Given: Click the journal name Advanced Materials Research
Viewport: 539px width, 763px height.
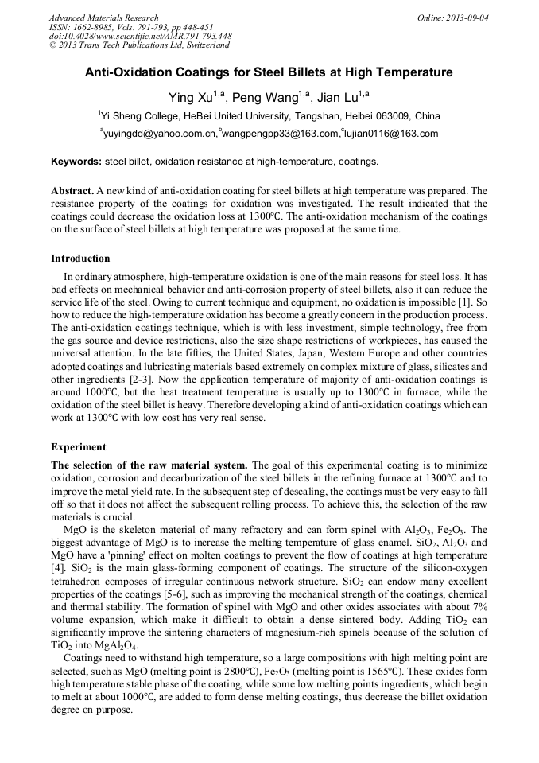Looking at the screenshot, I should [x=103, y=18].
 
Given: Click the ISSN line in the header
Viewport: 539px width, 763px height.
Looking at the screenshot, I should [x=131, y=27].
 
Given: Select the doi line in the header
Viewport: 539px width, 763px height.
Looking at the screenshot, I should [x=141, y=37].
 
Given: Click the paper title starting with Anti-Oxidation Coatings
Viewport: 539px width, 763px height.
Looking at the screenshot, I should [x=269, y=72].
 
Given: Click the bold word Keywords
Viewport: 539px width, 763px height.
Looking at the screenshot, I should [x=76, y=162].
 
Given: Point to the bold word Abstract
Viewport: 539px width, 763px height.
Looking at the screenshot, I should [x=72, y=191].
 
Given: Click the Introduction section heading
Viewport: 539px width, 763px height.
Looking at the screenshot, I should [x=80, y=259].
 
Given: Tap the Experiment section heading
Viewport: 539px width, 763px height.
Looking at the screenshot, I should [x=78, y=447].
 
